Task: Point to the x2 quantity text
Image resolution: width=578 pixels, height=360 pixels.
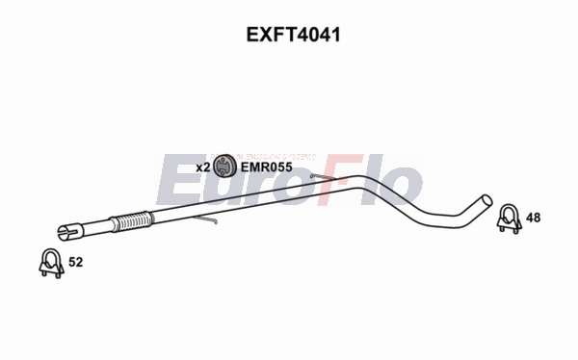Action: click(x=202, y=167)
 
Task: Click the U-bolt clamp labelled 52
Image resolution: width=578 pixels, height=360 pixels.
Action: click(x=49, y=263)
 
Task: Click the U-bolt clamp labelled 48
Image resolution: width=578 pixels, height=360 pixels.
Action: click(x=507, y=219)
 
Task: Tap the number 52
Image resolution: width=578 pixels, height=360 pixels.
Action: click(x=76, y=262)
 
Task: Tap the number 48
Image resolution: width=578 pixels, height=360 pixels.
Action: click(x=533, y=219)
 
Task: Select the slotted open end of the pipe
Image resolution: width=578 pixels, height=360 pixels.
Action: click(x=65, y=231)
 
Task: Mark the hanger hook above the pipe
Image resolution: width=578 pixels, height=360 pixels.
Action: click(x=318, y=175)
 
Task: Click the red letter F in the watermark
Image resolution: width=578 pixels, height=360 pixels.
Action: click(x=339, y=182)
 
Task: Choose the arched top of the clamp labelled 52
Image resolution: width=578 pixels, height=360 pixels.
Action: click(x=49, y=254)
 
